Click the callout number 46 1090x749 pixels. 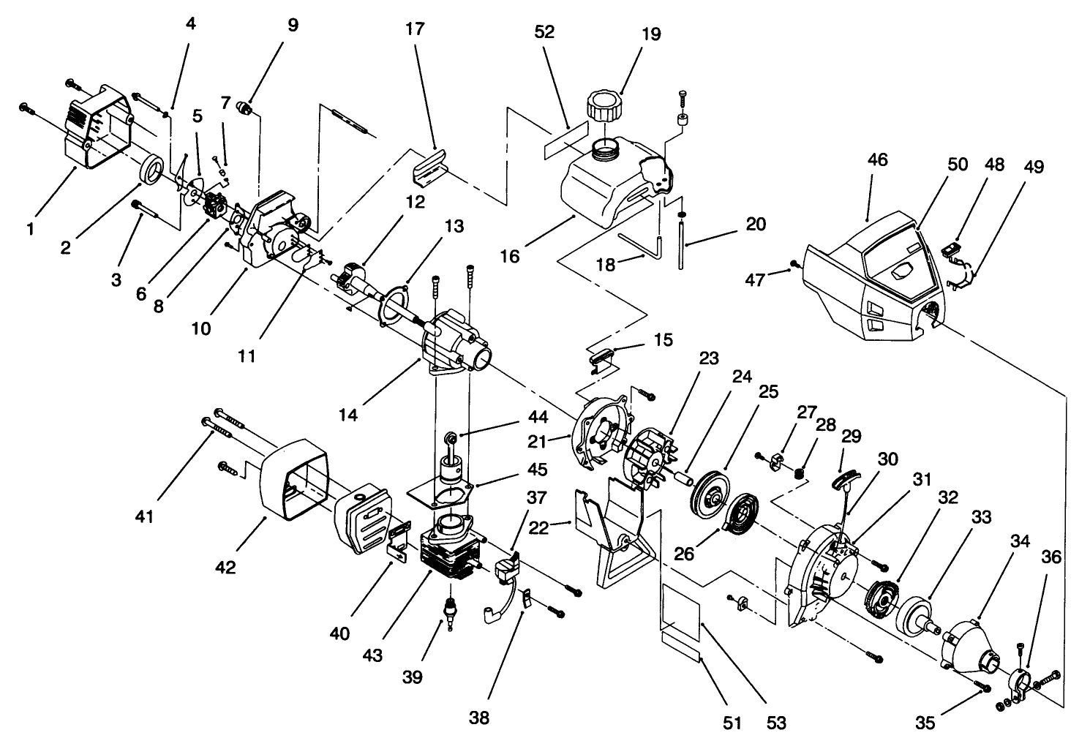877,159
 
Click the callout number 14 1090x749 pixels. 349,414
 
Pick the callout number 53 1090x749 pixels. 776,723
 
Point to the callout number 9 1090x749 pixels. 293,26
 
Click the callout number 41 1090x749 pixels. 144,516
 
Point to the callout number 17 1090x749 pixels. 414,30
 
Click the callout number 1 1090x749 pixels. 30,229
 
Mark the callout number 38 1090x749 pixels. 479,718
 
